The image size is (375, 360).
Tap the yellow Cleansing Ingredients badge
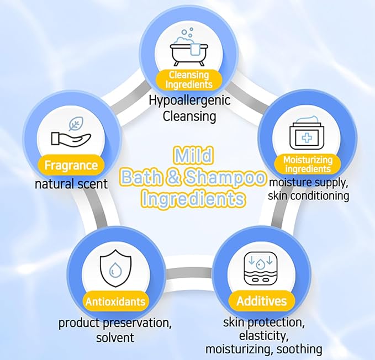pos(189,80)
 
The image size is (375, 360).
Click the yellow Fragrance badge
pos(71,165)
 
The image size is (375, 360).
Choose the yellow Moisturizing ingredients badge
pos(308,165)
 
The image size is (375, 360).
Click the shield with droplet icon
pos(115,268)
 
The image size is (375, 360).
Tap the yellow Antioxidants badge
pos(115,301)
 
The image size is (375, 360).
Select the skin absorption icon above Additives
pos(261,268)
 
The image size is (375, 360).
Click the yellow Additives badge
pos(262,301)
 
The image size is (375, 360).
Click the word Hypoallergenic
pos(189,100)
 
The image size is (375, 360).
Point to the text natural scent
pos(71,184)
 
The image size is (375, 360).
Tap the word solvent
pos(115,337)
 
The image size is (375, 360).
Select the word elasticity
pos(264,336)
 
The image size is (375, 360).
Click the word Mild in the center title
pos(193,155)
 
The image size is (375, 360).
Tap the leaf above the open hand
pos(76,124)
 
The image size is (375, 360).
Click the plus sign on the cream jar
pos(307,138)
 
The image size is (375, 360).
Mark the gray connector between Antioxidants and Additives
pos(188,274)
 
